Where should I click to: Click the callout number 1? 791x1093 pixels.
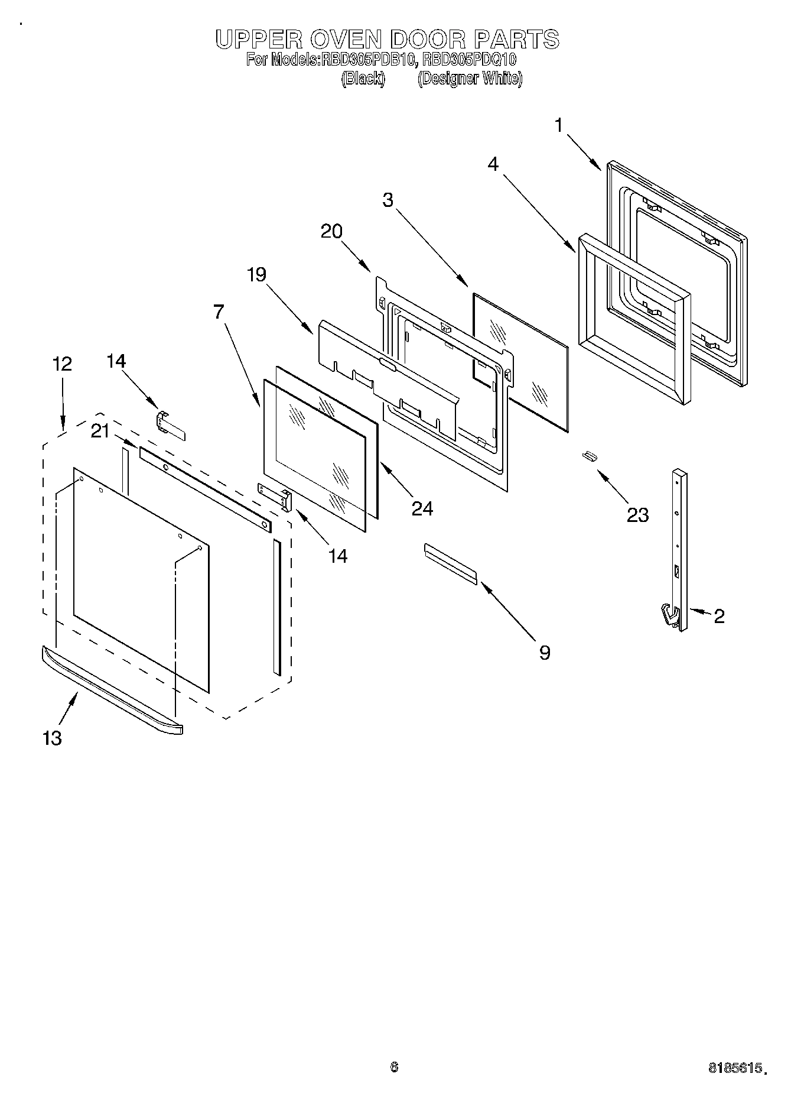pyautogui.click(x=559, y=126)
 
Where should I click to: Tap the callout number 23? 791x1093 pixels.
pyautogui.click(x=637, y=515)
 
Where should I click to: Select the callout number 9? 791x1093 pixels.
pyautogui.click(x=544, y=652)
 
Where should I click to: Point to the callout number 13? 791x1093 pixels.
pyautogui.click(x=52, y=738)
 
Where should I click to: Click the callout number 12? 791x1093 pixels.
pyautogui.click(x=62, y=364)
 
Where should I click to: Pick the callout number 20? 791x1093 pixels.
pyautogui.click(x=331, y=231)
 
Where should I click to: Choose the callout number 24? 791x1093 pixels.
pyautogui.click(x=422, y=508)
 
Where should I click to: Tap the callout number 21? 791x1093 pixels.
pyautogui.click(x=100, y=432)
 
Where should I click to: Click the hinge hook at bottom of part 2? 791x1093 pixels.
pyautogui.click(x=668, y=614)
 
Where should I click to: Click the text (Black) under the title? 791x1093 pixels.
pyautogui.click(x=363, y=79)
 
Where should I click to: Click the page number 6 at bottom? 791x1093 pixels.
pyautogui.click(x=395, y=1066)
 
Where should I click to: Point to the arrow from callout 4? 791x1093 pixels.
pyautogui.click(x=539, y=214)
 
